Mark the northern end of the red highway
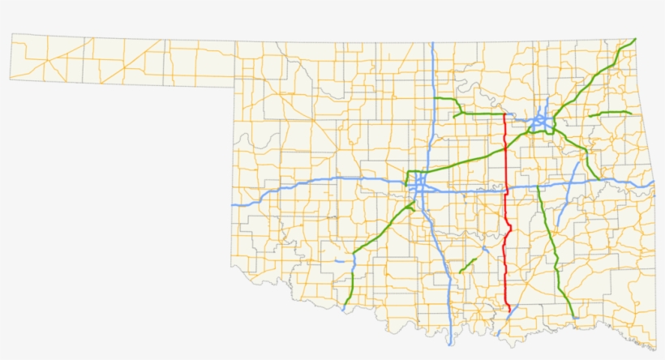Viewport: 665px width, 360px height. pyautogui.click(x=504, y=114)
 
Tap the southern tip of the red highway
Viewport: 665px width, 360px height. pyautogui.click(x=508, y=311)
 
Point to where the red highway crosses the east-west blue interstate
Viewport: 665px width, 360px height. pyautogui.click(x=506, y=193)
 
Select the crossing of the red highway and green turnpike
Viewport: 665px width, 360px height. pyautogui.click(x=505, y=147)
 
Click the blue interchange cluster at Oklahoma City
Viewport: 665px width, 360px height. pyautogui.click(x=418, y=186)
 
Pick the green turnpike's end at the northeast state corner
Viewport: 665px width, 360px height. pyautogui.click(x=635, y=39)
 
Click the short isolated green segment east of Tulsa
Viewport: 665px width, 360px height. pyautogui.click(x=609, y=113)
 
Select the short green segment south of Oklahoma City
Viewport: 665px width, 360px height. pyautogui.click(x=468, y=264)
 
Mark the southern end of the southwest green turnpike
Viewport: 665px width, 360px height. pyautogui.click(x=344, y=307)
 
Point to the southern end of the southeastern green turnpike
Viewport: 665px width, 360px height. pyautogui.click(x=573, y=316)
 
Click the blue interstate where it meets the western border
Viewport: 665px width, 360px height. pyautogui.click(x=233, y=205)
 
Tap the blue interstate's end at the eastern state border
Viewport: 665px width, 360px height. pyautogui.click(x=653, y=184)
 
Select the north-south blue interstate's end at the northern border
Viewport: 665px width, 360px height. pyautogui.click(x=434, y=43)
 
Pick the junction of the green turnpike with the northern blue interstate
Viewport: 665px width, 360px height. pyautogui.click(x=435, y=99)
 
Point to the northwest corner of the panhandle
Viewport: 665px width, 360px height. pyautogui.click(x=11, y=34)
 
